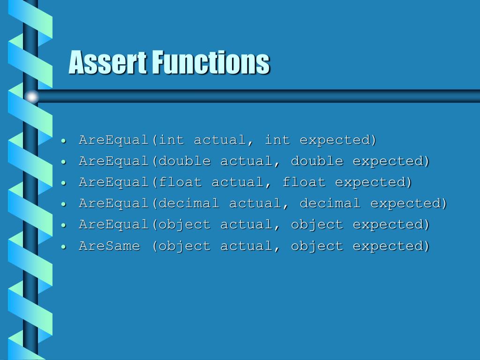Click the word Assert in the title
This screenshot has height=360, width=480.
(107, 62)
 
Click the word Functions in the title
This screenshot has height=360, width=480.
(213, 62)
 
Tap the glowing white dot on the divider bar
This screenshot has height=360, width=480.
(31, 97)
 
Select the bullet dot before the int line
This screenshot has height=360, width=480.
(63, 141)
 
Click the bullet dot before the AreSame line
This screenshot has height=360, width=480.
(63, 247)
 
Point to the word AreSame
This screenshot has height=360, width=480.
(109, 246)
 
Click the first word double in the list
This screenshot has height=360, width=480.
(185, 161)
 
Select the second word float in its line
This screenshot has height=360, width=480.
(304, 182)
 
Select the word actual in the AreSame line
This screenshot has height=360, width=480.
(247, 246)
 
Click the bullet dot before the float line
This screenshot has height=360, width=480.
(63, 183)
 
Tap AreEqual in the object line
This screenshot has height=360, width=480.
(113, 225)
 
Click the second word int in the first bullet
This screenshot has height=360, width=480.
(277, 140)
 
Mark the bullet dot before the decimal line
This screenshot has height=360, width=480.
(63, 204)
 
